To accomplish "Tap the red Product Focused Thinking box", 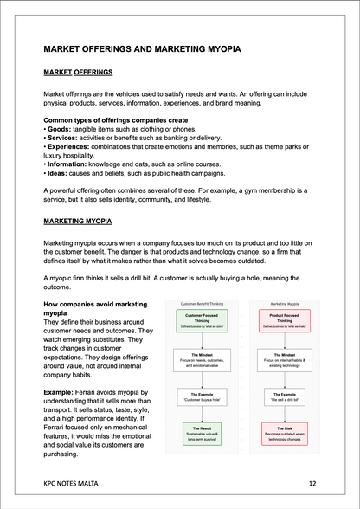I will tap(285, 321).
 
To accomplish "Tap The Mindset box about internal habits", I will tap(285, 358).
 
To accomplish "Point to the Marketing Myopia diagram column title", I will tap(285, 305).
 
